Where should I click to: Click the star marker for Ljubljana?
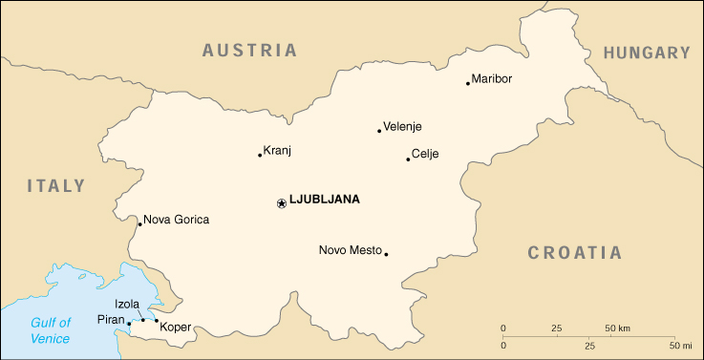(281, 202)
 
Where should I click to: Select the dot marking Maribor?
(467, 83)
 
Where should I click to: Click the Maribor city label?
(492, 78)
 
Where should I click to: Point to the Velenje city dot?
(379, 131)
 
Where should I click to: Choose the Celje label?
(424, 154)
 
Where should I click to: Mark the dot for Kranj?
(260, 155)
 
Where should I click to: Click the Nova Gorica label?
(176, 220)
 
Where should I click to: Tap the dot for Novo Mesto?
(386, 254)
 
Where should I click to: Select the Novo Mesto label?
(350, 250)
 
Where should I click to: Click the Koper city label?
(176, 328)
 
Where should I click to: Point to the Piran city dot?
(129, 324)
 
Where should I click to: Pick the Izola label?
(127, 305)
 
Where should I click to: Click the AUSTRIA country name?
(249, 51)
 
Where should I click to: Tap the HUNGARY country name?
(646, 53)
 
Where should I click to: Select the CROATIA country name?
(574, 253)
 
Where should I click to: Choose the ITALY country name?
(55, 186)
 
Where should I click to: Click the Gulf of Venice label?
(50, 330)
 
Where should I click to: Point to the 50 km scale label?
(616, 328)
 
